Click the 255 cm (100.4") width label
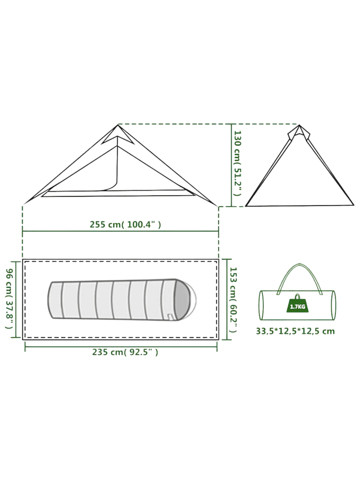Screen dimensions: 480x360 pyautogui.click(x=125, y=224)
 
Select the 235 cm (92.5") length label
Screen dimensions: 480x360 pyautogui.click(x=125, y=352)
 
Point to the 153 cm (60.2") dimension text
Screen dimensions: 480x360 pyautogui.click(x=233, y=299)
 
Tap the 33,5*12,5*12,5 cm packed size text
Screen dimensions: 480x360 pyautogui.click(x=295, y=331)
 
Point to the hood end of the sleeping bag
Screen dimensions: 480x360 pyautogui.click(x=186, y=298)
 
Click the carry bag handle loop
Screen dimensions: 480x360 pyautogui.click(x=298, y=274)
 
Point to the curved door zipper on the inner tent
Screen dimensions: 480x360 pyautogui.click(x=112, y=188)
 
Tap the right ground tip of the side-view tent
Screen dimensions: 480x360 pyautogui.click(x=217, y=205)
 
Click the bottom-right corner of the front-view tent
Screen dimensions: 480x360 pyautogui.click(x=353, y=205)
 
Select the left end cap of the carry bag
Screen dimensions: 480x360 pyautogui.click(x=261, y=305)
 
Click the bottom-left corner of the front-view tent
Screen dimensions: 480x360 pyautogui.click(x=246, y=206)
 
